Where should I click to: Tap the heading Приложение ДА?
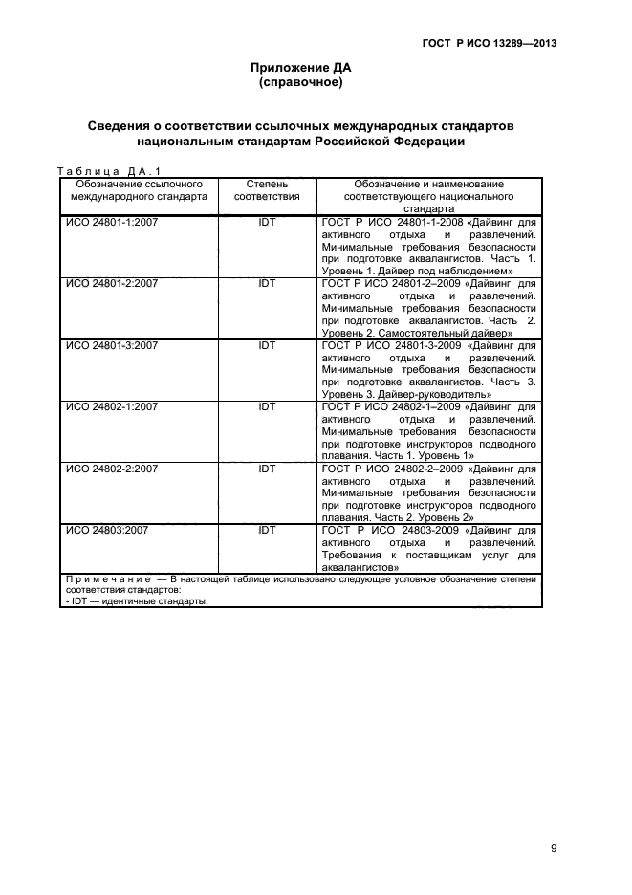301,68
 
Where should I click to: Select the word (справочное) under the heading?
301,83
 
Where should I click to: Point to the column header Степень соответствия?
267,189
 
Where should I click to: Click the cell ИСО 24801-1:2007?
111,221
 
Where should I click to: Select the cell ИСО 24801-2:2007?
111,283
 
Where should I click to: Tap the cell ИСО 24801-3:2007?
111,345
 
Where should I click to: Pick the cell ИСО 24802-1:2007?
111,406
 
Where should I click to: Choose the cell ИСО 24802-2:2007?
111,469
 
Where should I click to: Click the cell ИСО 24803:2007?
106,529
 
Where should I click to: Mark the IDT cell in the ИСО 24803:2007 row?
267,529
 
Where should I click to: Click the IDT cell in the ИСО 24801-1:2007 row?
267,221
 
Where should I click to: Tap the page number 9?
554,820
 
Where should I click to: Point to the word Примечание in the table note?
104,579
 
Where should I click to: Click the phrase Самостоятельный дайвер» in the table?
452,333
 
